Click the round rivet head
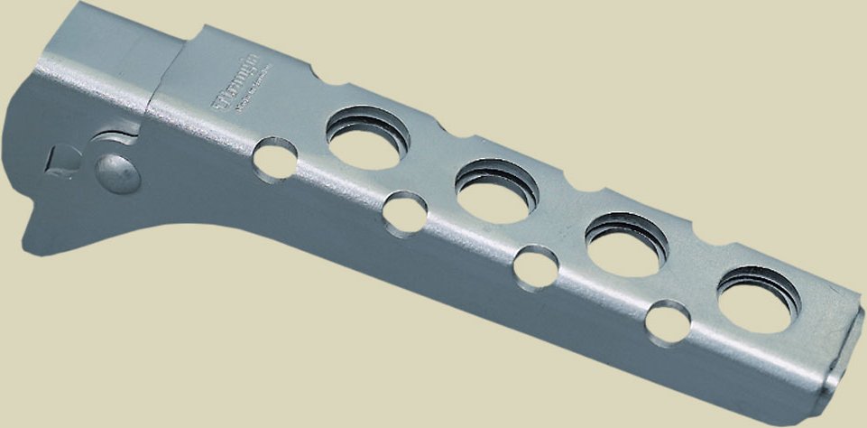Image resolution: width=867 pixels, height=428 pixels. (117, 173)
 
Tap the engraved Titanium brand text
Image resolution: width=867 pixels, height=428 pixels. (236, 88)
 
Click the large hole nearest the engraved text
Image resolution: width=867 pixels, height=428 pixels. (367, 138)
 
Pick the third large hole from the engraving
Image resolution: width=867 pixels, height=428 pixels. (626, 244)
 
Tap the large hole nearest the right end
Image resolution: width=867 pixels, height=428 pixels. (759, 298)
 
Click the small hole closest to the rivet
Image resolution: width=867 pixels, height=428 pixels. (275, 158)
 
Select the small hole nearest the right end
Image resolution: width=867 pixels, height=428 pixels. (669, 322)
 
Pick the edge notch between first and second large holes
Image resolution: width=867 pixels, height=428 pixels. (439, 135)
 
